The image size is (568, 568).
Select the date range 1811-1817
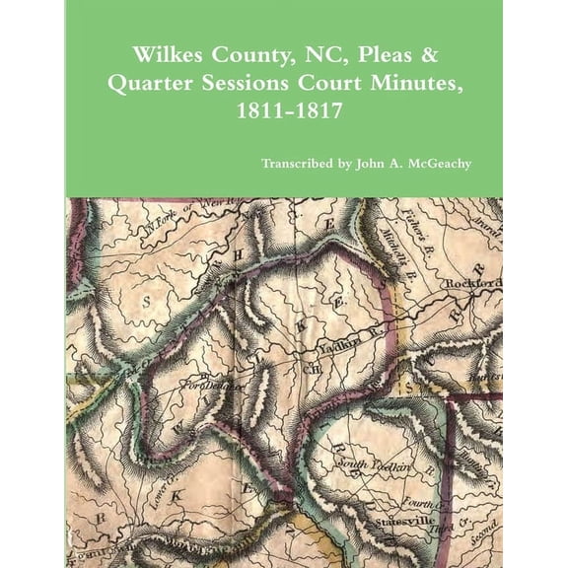[x=283, y=111]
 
